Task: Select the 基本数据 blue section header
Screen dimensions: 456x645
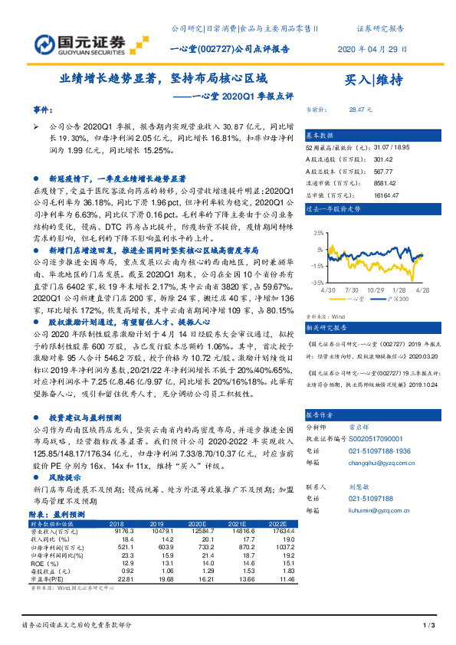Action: point(320,134)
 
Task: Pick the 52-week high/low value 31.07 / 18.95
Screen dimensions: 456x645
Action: point(376,148)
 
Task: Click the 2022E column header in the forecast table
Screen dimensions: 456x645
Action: point(276,523)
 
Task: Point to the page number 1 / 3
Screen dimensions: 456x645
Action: point(428,627)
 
